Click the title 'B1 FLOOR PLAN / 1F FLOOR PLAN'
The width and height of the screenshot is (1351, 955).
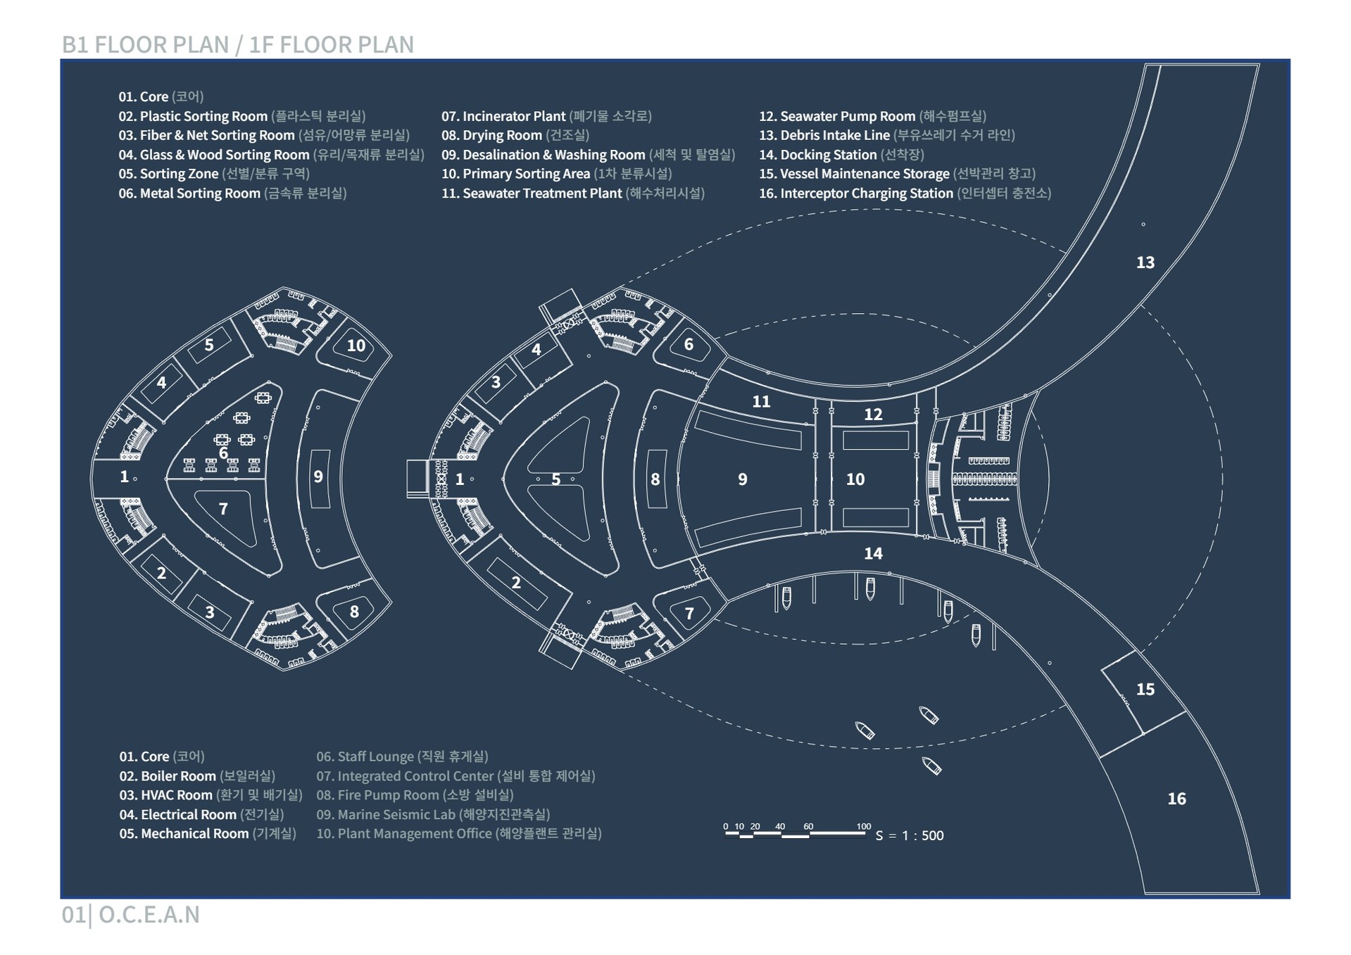238,44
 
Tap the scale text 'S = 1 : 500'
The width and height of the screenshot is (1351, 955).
910,835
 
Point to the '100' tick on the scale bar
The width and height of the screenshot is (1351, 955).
864,827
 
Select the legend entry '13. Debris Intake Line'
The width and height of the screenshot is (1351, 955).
886,135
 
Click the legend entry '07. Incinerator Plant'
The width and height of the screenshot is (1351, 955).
546,116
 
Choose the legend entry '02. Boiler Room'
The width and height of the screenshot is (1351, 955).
197,776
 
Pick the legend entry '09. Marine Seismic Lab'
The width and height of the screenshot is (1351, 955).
432,814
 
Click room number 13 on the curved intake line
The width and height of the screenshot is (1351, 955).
1145,263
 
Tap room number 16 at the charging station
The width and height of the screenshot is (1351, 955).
1176,799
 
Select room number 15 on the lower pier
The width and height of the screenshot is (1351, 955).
1145,689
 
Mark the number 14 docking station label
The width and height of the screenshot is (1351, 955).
873,553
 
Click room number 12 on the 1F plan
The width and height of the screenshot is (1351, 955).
873,415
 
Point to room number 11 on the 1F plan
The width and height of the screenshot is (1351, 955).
761,401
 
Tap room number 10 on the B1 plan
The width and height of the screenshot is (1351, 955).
356,346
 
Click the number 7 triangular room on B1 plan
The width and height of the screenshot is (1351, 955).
223,508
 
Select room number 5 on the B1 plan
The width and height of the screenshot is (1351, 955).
209,345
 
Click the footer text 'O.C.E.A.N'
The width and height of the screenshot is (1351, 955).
149,914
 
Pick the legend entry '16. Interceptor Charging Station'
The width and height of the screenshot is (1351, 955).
905,194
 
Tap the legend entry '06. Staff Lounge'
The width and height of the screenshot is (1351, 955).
402,757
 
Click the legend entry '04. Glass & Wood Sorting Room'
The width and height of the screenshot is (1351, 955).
271,155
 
